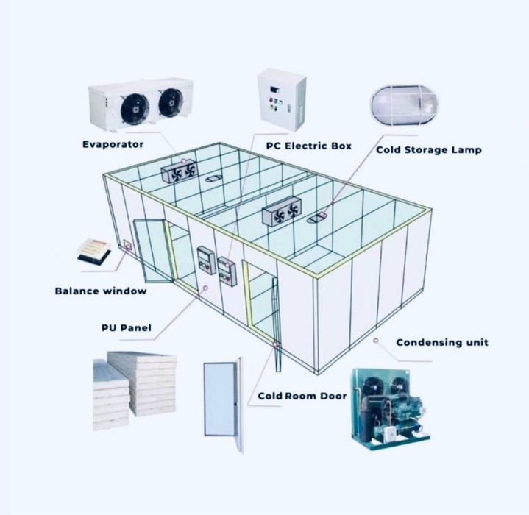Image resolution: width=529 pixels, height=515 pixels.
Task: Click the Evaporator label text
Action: (x=113, y=145)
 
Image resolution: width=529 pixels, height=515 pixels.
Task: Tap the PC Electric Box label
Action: (x=309, y=146)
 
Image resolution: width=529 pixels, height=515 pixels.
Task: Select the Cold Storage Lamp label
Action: (x=429, y=150)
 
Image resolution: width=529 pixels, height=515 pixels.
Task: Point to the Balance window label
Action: (x=101, y=291)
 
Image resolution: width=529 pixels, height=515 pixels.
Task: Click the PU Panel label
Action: (x=127, y=328)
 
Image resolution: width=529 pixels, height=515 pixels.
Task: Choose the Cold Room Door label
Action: (x=302, y=396)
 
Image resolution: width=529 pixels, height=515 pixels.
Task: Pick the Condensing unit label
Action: (x=442, y=343)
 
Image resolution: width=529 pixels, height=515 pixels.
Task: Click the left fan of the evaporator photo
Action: (x=135, y=109)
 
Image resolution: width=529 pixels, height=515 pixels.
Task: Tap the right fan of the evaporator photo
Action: (x=171, y=102)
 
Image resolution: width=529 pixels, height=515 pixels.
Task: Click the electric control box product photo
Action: (x=282, y=99)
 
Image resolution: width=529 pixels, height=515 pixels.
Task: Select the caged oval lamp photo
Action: (x=404, y=104)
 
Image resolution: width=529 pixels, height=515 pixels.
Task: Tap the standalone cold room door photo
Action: (x=223, y=405)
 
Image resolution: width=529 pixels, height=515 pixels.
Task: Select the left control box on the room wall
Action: (x=206, y=260)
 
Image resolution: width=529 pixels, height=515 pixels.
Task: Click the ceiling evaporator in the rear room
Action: (x=179, y=171)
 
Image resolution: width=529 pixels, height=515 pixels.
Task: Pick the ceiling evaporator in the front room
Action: (x=282, y=211)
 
